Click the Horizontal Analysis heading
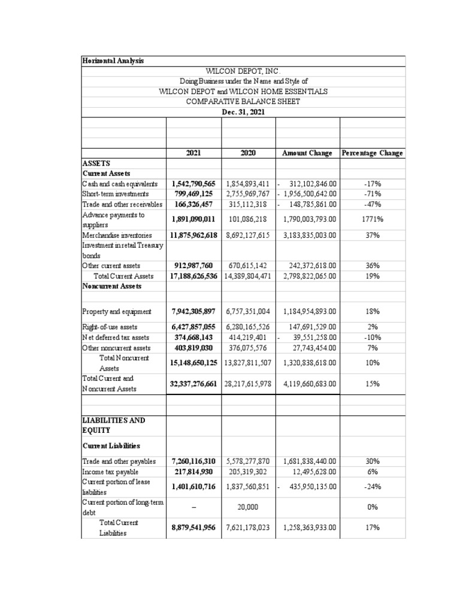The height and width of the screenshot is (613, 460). pyautogui.click(x=113, y=60)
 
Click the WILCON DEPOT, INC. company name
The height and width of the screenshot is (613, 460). pyautogui.click(x=243, y=71)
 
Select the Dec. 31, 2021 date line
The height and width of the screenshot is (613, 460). pyautogui.click(x=243, y=111)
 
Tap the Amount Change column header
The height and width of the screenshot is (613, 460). pyautogui.click(x=307, y=153)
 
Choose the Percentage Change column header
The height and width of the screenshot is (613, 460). pyautogui.click(x=372, y=153)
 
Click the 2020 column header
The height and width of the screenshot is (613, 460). pyautogui.click(x=248, y=153)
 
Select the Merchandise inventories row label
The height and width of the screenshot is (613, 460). pyautogui.click(x=116, y=235)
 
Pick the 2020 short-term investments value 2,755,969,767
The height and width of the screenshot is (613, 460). pyautogui.click(x=248, y=194)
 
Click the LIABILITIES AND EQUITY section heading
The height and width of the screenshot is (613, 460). pyautogui.click(x=114, y=425)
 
